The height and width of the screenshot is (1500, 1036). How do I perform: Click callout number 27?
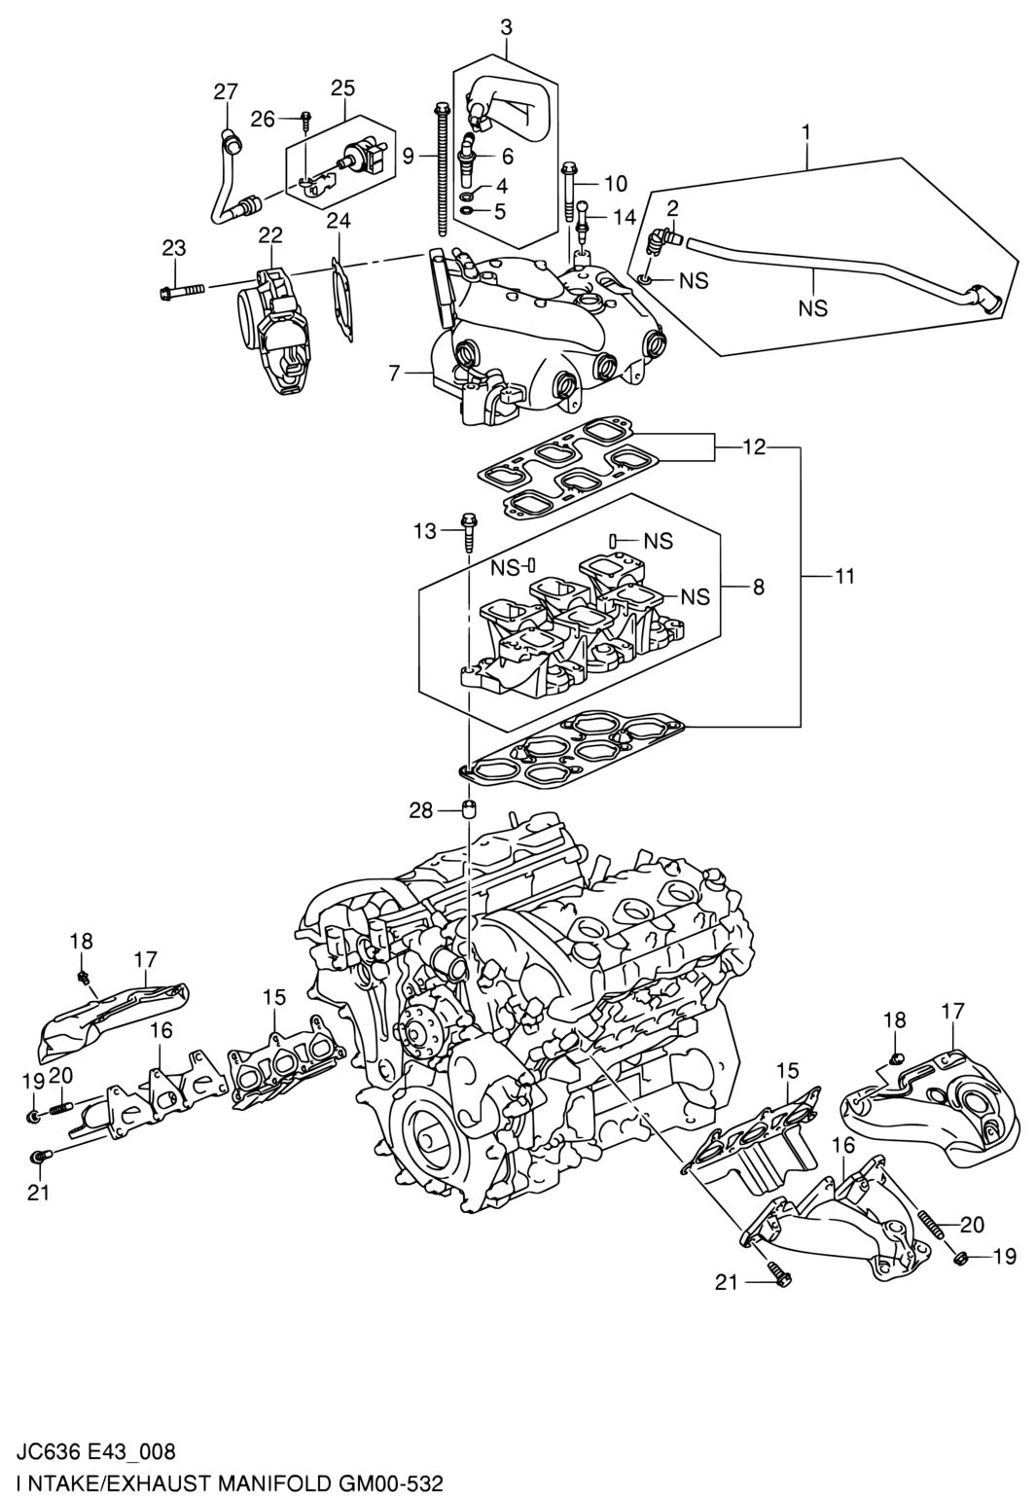tap(226, 91)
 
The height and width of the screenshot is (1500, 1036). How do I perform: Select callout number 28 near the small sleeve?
tap(421, 811)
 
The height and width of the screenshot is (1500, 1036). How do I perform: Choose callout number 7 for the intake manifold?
tap(394, 372)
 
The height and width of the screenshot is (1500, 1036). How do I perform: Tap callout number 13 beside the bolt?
tap(425, 531)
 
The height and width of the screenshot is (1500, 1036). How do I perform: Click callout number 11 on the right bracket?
tap(845, 576)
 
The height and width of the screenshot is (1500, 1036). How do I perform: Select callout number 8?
tap(758, 588)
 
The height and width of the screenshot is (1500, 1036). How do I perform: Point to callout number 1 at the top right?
tap(806, 132)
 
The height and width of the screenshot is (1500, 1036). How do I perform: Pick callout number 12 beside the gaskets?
tap(754, 446)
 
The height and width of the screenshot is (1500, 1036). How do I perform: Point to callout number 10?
tap(615, 183)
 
